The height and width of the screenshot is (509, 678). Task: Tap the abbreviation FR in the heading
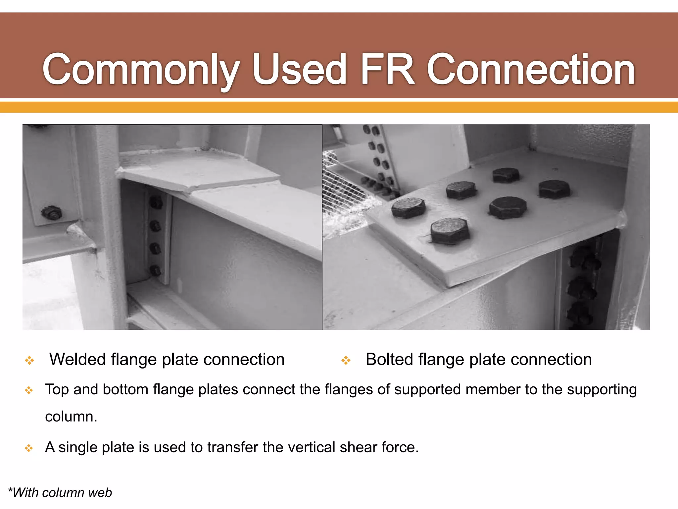[387, 69]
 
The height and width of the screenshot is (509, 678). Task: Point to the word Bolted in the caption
[389, 360]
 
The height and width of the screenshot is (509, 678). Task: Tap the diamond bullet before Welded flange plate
[29, 361]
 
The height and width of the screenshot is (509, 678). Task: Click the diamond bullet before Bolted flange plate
[346, 361]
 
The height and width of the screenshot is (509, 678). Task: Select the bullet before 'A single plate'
[29, 448]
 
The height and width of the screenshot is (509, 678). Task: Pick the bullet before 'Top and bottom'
[29, 390]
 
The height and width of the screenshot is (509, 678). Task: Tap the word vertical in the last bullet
[312, 447]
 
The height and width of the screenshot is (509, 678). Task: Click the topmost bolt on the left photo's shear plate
[156, 202]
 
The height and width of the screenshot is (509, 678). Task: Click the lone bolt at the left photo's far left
[51, 213]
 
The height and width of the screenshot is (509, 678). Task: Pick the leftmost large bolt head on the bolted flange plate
[408, 208]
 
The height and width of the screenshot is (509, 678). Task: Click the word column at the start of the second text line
[71, 417]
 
